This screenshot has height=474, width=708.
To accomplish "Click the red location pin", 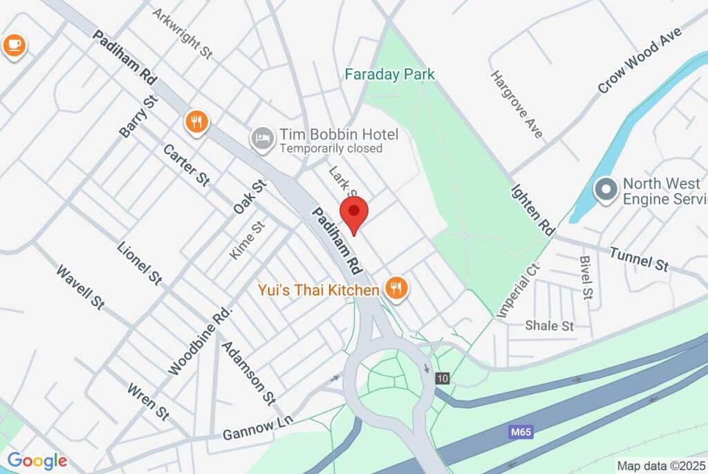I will (354, 211).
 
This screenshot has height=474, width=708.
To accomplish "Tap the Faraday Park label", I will (390, 74).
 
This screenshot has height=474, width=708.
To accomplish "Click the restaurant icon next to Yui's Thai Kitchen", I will (395, 288).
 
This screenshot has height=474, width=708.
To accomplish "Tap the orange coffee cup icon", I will (14, 46).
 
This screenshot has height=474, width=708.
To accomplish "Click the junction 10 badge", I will (442, 378).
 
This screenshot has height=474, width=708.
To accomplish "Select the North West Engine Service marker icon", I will (606, 190).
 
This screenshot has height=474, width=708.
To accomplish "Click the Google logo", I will (37, 461).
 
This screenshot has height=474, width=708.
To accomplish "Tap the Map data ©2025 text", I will (661, 466).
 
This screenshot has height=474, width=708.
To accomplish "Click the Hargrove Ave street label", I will (516, 104).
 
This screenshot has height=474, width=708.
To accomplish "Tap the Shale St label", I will (550, 325).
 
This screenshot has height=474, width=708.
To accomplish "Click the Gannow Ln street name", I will (258, 429).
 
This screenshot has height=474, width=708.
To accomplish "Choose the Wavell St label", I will (80, 287).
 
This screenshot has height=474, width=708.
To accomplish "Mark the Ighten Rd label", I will (533, 210).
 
